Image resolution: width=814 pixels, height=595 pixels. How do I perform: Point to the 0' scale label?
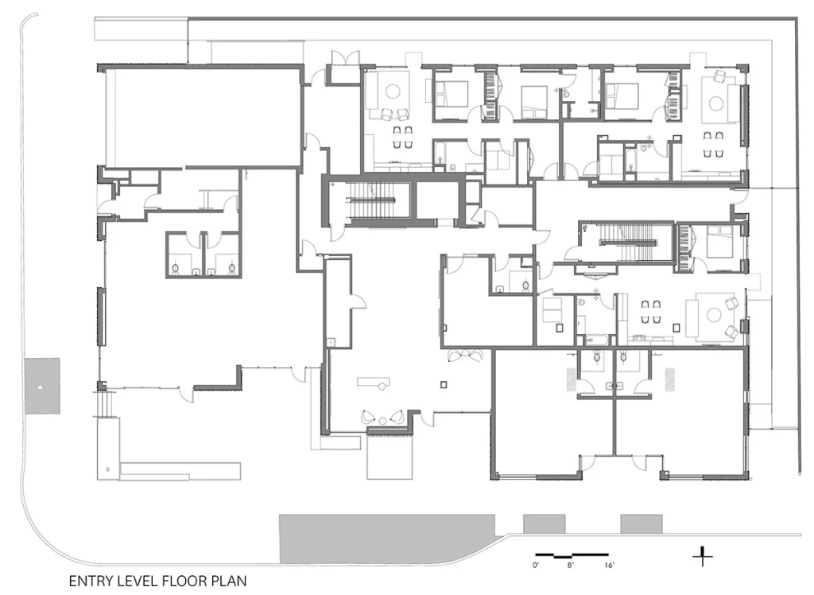coord(536,566)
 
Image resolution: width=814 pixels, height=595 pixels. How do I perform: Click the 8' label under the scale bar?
coord(570,566)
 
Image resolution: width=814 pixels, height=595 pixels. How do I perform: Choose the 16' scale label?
coord(610,566)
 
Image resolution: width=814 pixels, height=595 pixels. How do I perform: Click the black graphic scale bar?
coord(572,555)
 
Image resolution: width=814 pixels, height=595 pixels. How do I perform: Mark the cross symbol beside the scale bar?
coord(703,557)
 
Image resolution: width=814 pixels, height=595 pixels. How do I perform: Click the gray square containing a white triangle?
coord(42,386)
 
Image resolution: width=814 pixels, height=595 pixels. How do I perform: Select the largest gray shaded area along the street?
coord(387,539)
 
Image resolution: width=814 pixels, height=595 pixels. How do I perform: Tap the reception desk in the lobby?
coord(374,383)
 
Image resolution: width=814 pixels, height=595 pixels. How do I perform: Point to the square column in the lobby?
coord(444,384)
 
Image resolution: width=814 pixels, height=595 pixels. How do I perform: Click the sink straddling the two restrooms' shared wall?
coord(615,386)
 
